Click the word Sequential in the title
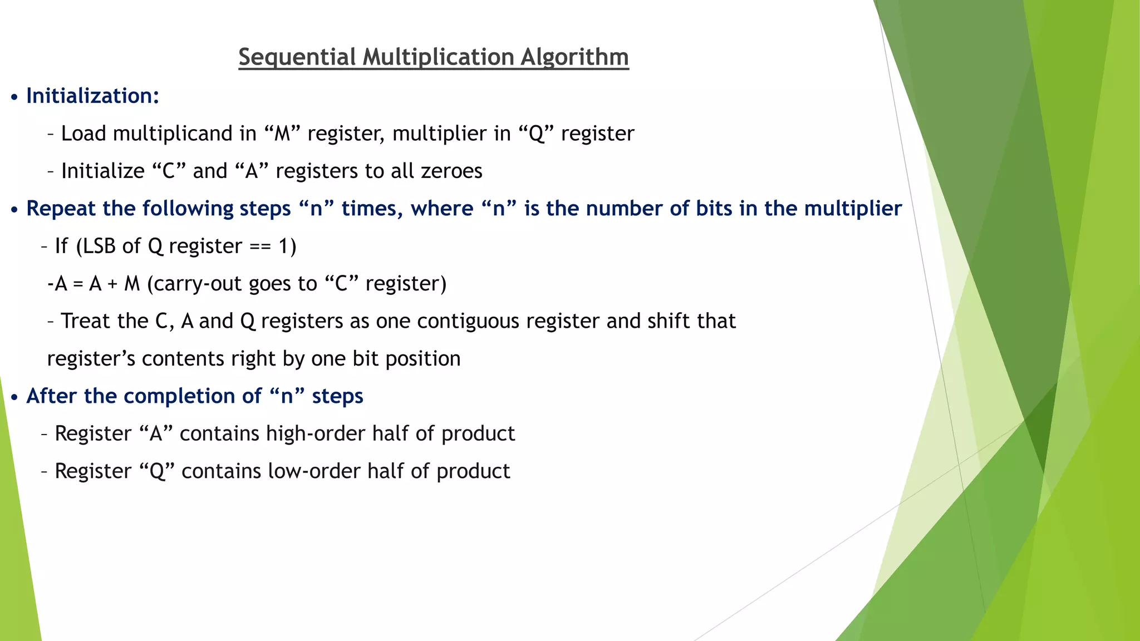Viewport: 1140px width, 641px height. tap(297, 57)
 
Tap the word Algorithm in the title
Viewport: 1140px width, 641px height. tap(574, 57)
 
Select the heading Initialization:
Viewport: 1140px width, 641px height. tap(93, 96)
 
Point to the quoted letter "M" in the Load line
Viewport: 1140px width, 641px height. tap(282, 134)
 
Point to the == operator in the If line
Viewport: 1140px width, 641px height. tap(260, 246)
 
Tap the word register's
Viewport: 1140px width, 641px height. tap(91, 359)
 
